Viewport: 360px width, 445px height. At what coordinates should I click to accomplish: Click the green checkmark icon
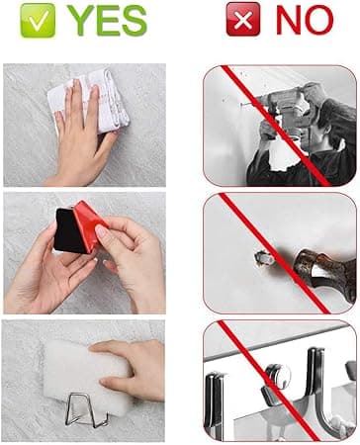(38, 21)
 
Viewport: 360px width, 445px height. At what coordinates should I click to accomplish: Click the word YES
(109, 21)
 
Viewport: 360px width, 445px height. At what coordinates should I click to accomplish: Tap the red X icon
(243, 19)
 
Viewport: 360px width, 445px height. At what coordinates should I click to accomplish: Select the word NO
(305, 20)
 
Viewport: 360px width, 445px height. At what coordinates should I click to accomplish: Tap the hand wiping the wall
(81, 132)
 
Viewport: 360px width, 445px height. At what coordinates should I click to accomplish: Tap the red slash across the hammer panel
(274, 253)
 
